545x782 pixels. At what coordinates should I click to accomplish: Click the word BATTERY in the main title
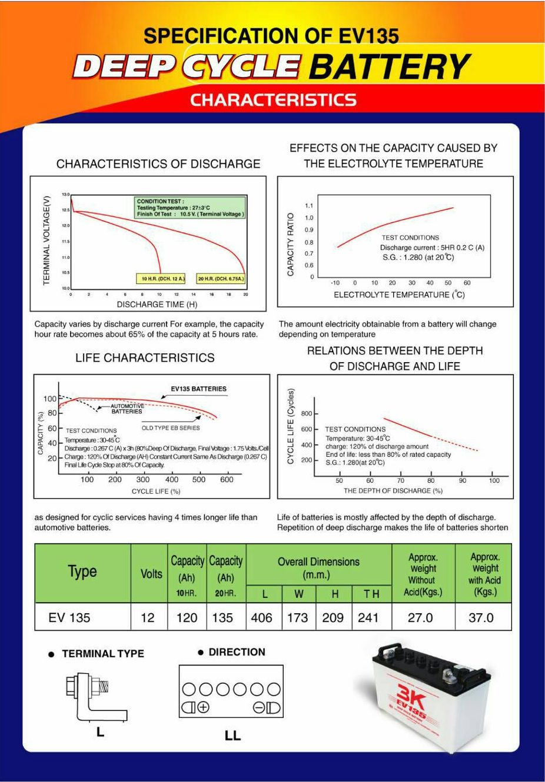coord(390,66)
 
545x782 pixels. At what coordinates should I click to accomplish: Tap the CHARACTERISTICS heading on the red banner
coord(273,100)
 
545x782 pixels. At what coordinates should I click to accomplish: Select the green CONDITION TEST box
coord(191,208)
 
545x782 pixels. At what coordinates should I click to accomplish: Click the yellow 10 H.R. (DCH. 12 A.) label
coord(161,278)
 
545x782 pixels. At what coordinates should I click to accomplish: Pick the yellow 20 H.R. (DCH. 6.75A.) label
coord(221,278)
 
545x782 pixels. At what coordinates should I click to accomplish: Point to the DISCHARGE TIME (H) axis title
coord(157,305)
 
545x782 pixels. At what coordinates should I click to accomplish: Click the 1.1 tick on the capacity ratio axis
coord(309,205)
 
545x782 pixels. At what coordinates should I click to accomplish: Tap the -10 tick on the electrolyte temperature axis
coord(335,283)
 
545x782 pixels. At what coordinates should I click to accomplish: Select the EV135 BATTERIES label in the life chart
coord(198,389)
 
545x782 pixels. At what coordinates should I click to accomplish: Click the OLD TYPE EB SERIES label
coord(171,428)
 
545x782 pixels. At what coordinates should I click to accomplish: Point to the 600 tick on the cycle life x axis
coord(227,480)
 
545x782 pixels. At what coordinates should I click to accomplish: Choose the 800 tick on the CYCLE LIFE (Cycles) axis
coord(307,414)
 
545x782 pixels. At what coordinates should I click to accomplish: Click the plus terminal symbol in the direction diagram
coord(203,708)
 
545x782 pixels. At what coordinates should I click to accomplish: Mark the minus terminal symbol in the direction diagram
coord(259,708)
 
